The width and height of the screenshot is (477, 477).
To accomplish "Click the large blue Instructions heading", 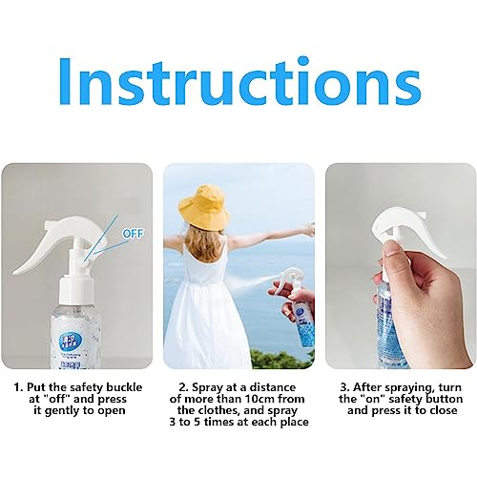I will (x=238, y=84).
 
